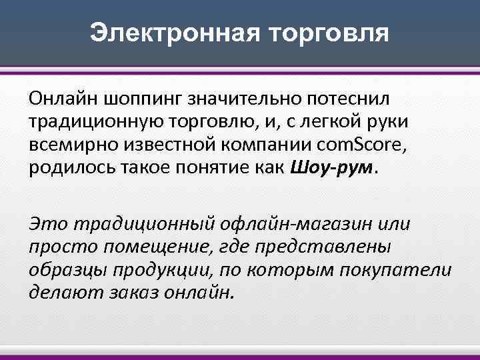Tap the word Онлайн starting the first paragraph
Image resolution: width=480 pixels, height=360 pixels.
tap(63, 99)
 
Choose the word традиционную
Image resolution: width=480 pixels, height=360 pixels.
tap(84, 122)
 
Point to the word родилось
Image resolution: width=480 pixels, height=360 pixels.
tap(70, 168)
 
